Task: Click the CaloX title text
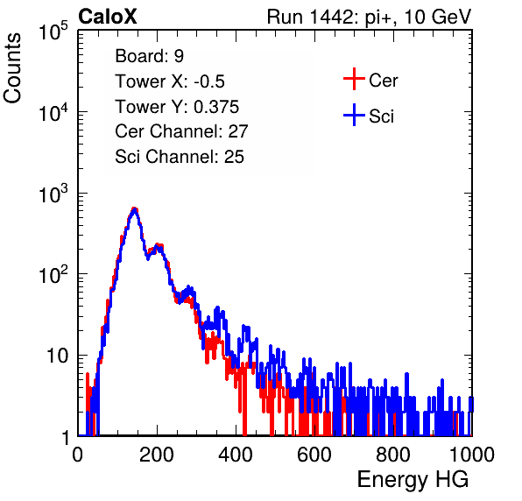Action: pos(108,17)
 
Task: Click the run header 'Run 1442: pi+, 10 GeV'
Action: pos(370,17)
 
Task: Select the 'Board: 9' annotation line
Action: pos(149,56)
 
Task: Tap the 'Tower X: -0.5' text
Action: pos(170,81)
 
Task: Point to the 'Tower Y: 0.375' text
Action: pos(177,107)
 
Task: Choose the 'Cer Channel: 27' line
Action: pos(181,131)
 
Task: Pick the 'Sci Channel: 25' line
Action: pos(180,157)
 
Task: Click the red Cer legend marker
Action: pos(354,79)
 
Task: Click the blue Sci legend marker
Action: pos(354,116)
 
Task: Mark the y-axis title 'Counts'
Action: pos(12,68)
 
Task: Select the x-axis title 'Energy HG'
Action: pos(413,480)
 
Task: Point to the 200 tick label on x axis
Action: pos(157,455)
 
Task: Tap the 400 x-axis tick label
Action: pos(236,455)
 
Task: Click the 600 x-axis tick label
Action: pos(314,455)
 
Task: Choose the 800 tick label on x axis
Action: pos(393,455)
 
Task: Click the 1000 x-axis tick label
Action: pos(472,455)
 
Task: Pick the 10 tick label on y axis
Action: pos(58,356)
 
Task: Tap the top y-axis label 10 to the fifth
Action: pos(53,32)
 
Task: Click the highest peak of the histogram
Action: pos(134,208)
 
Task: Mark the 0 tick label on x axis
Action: pos(78,455)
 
